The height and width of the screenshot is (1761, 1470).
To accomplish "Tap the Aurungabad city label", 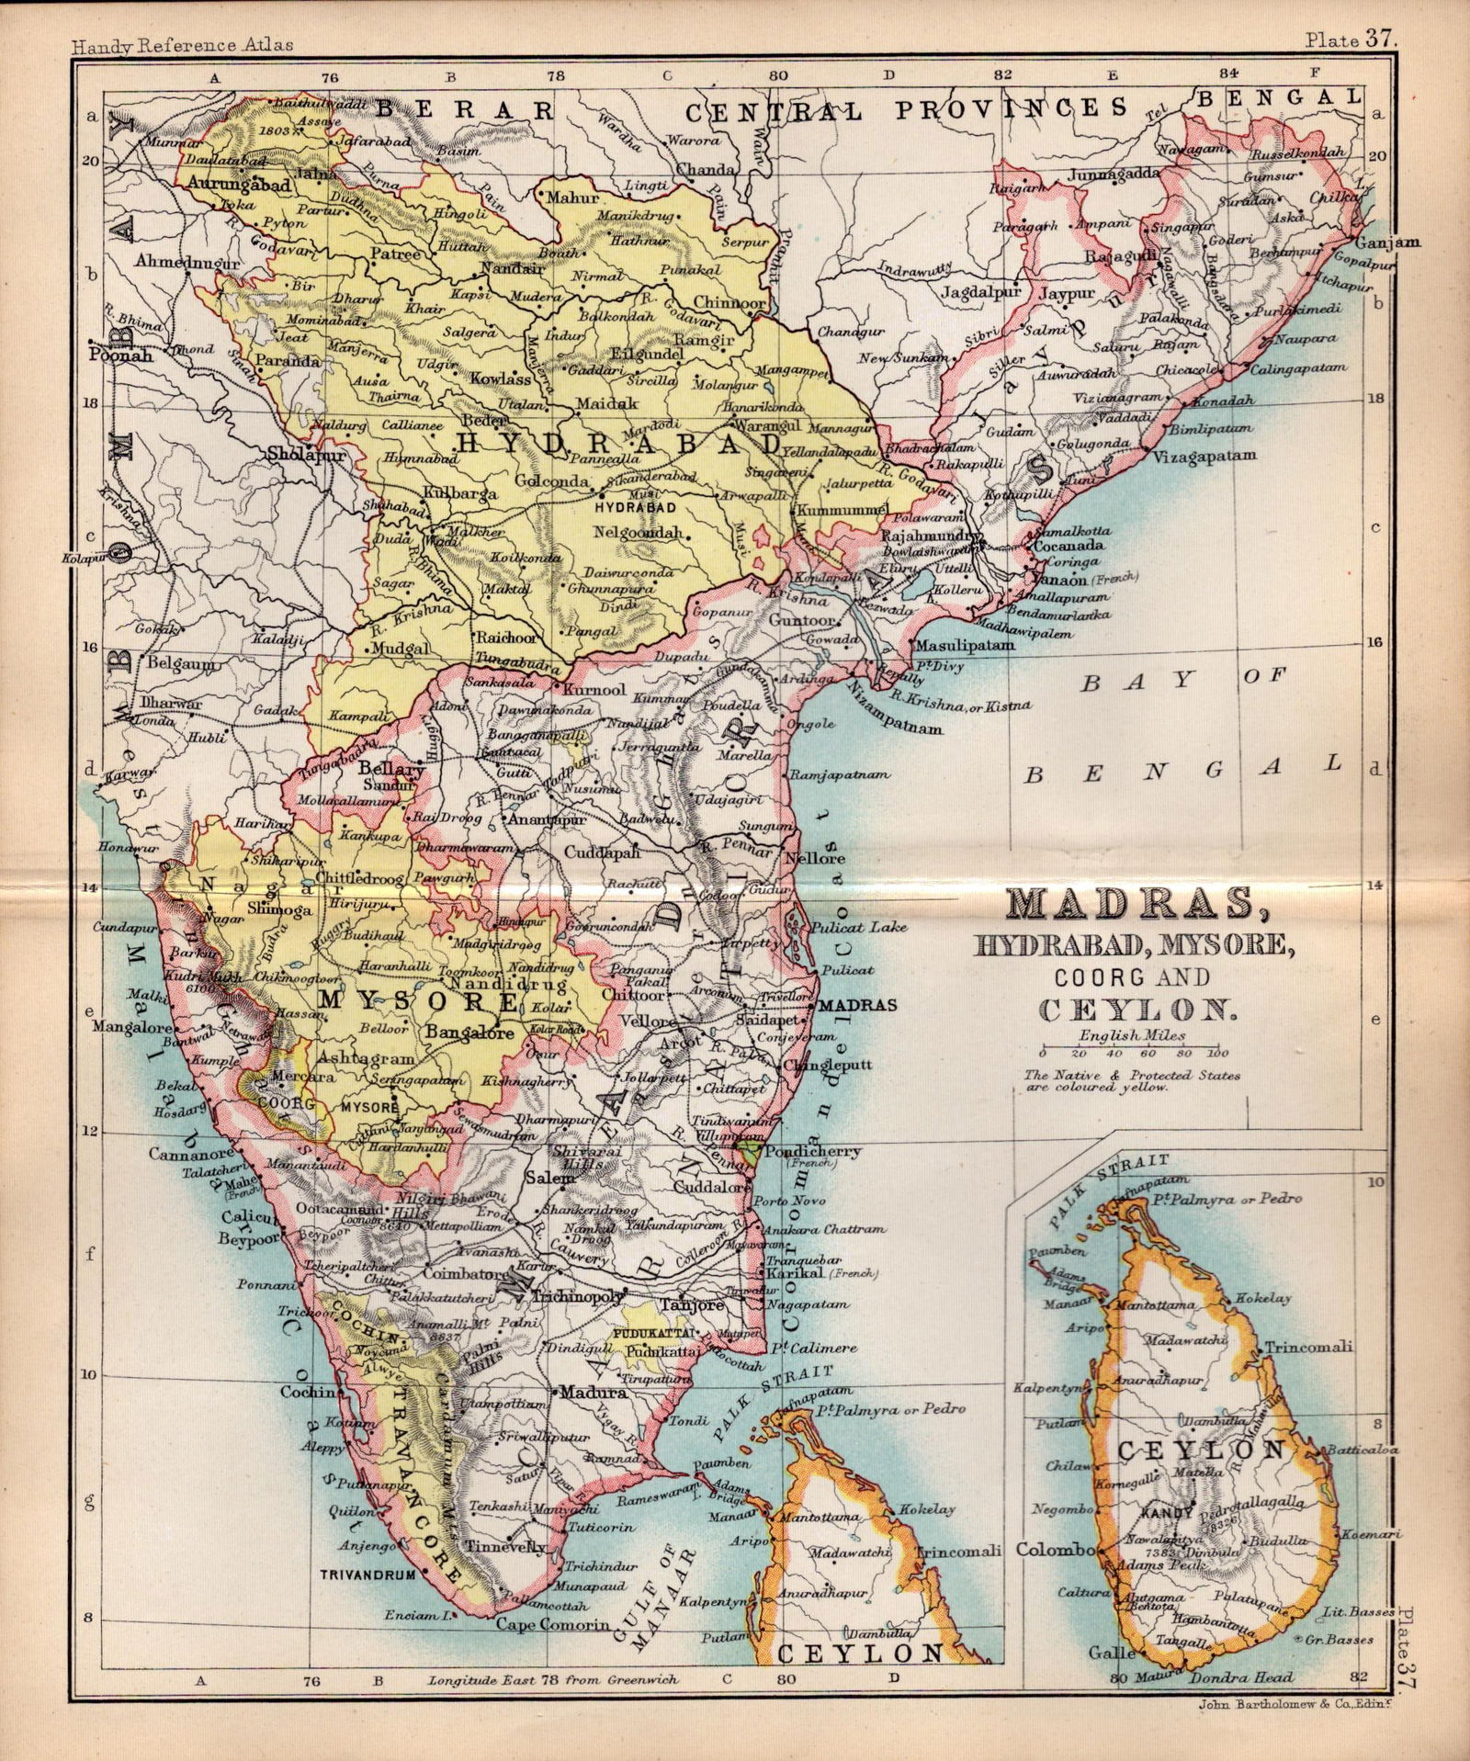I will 239,184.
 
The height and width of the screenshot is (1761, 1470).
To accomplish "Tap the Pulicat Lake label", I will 865,927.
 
